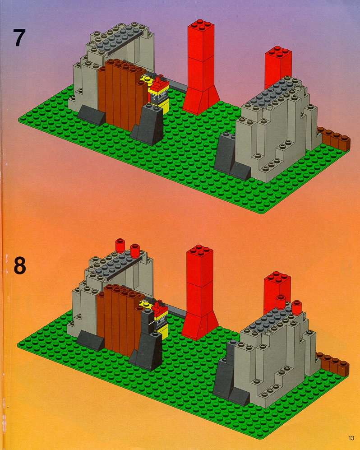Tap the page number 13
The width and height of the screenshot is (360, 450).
click(351, 438)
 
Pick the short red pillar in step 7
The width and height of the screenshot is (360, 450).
click(278, 67)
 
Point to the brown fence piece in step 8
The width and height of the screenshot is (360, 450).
click(333, 364)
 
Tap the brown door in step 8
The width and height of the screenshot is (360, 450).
click(119, 319)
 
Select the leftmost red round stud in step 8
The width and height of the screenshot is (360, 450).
click(120, 246)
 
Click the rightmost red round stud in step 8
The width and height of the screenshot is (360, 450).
click(296, 307)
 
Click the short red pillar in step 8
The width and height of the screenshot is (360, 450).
click(277, 292)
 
